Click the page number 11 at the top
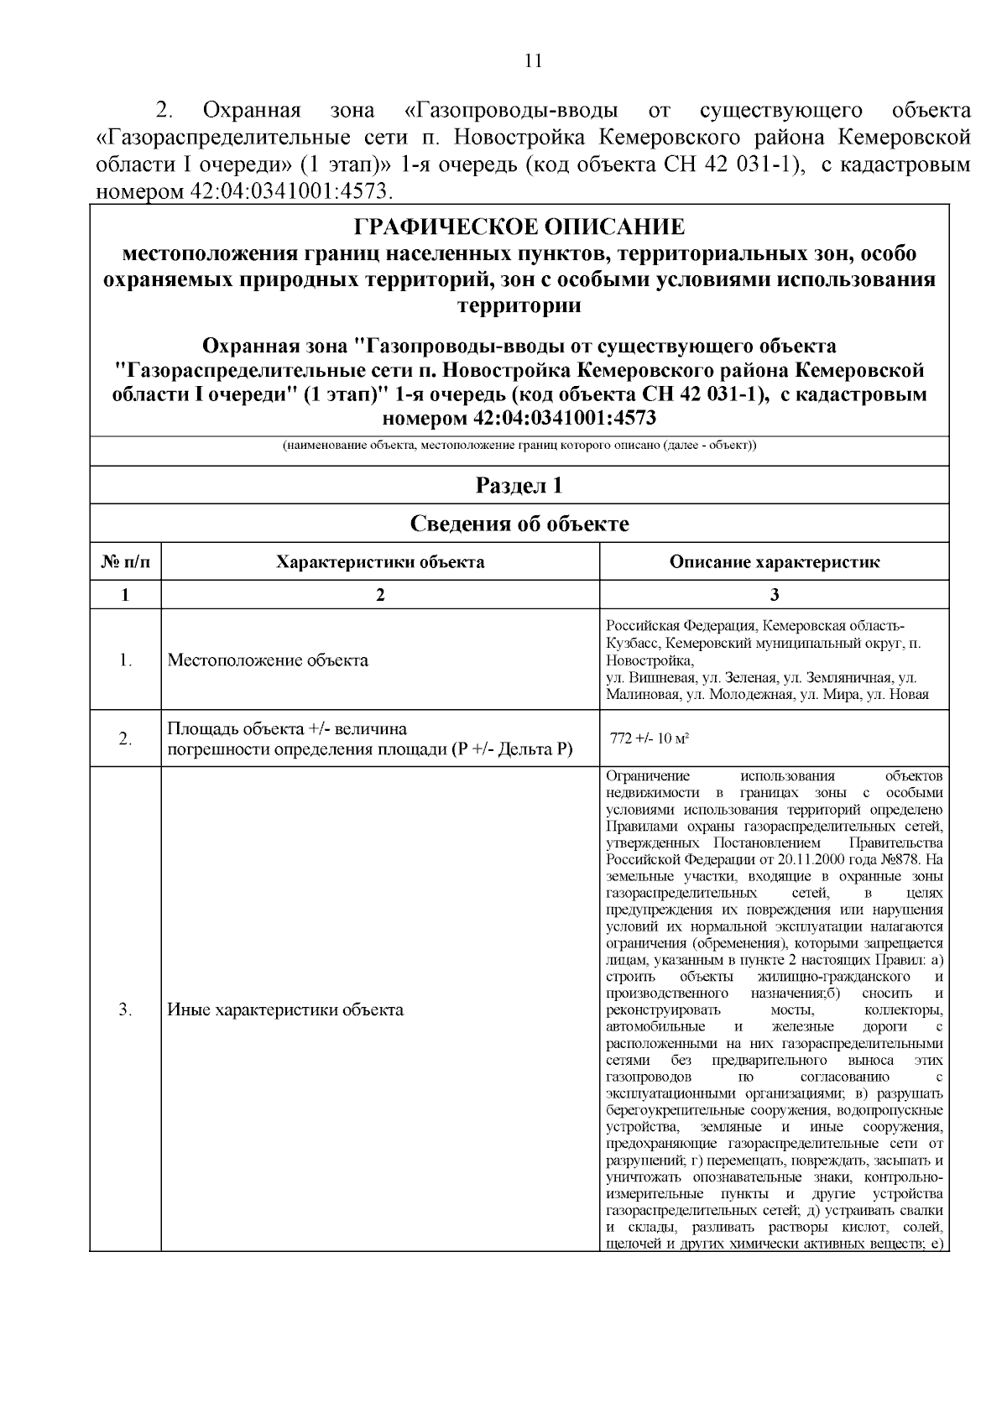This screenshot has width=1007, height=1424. [533, 60]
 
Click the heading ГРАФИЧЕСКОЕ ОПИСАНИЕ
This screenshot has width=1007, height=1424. [519, 227]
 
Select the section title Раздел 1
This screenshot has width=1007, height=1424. [519, 485]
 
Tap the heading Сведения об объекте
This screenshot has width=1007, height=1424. [519, 524]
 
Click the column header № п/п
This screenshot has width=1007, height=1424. [125, 562]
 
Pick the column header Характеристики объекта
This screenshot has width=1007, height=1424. [380, 562]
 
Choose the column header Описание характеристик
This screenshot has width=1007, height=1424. [774, 562]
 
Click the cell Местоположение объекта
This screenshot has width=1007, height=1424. [268, 660]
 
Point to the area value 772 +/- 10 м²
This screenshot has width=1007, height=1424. [650, 739]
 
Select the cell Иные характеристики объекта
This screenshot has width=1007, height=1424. [285, 1009]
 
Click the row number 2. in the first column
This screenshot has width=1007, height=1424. [125, 739]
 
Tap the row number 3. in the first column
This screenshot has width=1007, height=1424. [125, 1009]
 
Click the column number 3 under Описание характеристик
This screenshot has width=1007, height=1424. [774, 595]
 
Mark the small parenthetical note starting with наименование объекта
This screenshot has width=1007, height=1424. [519, 445]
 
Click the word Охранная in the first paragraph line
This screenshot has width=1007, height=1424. [253, 111]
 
